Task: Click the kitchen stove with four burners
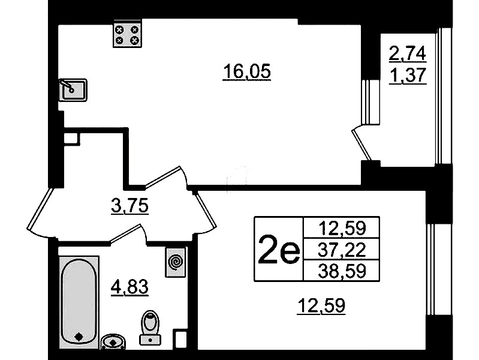(x=127, y=34)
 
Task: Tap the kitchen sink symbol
(x=73, y=90)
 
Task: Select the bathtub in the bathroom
(x=79, y=302)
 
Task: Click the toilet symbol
(x=150, y=328)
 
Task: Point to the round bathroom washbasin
(x=113, y=341)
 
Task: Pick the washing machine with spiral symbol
(x=175, y=262)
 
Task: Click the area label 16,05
(x=247, y=72)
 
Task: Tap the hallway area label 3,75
(x=130, y=206)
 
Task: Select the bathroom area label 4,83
(x=130, y=287)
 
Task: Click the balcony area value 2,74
(x=407, y=53)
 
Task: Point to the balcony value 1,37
(x=408, y=75)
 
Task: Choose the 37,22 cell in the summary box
(x=342, y=249)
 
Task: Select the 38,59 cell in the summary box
(x=342, y=271)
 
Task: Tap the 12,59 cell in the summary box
(x=342, y=228)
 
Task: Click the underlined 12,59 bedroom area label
(x=321, y=305)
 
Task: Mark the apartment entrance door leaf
(x=40, y=209)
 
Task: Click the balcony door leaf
(x=361, y=145)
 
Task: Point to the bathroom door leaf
(x=125, y=234)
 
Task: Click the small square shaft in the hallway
(x=72, y=139)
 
